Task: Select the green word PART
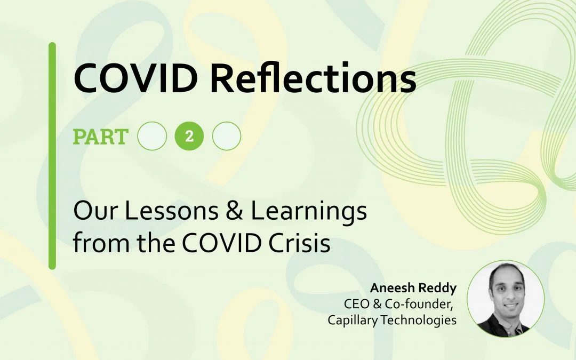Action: (x=101, y=137)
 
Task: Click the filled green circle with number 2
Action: (x=189, y=137)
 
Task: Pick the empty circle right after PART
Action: (x=152, y=137)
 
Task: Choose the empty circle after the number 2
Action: (x=227, y=137)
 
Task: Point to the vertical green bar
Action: (x=52, y=156)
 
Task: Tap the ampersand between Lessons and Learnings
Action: (x=234, y=211)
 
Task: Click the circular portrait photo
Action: (x=506, y=299)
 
